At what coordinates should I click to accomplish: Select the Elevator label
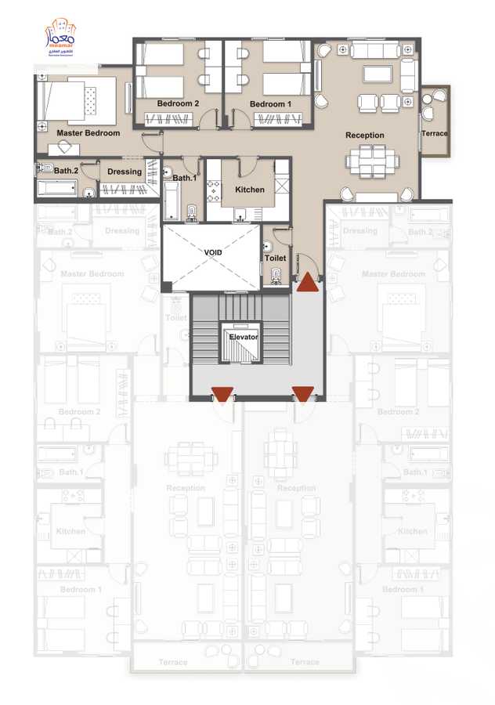243,336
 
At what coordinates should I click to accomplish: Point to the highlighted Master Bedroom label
88,133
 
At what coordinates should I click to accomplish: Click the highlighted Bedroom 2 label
178,103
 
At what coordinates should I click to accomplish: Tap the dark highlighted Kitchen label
250,190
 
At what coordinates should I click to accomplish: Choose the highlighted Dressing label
125,172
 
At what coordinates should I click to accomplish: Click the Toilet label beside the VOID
275,258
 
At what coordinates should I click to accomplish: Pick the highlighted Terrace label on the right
435,133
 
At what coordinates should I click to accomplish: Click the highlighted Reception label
365,136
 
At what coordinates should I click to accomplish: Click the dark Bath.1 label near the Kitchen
184,178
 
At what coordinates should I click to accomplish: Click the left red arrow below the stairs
223,394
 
